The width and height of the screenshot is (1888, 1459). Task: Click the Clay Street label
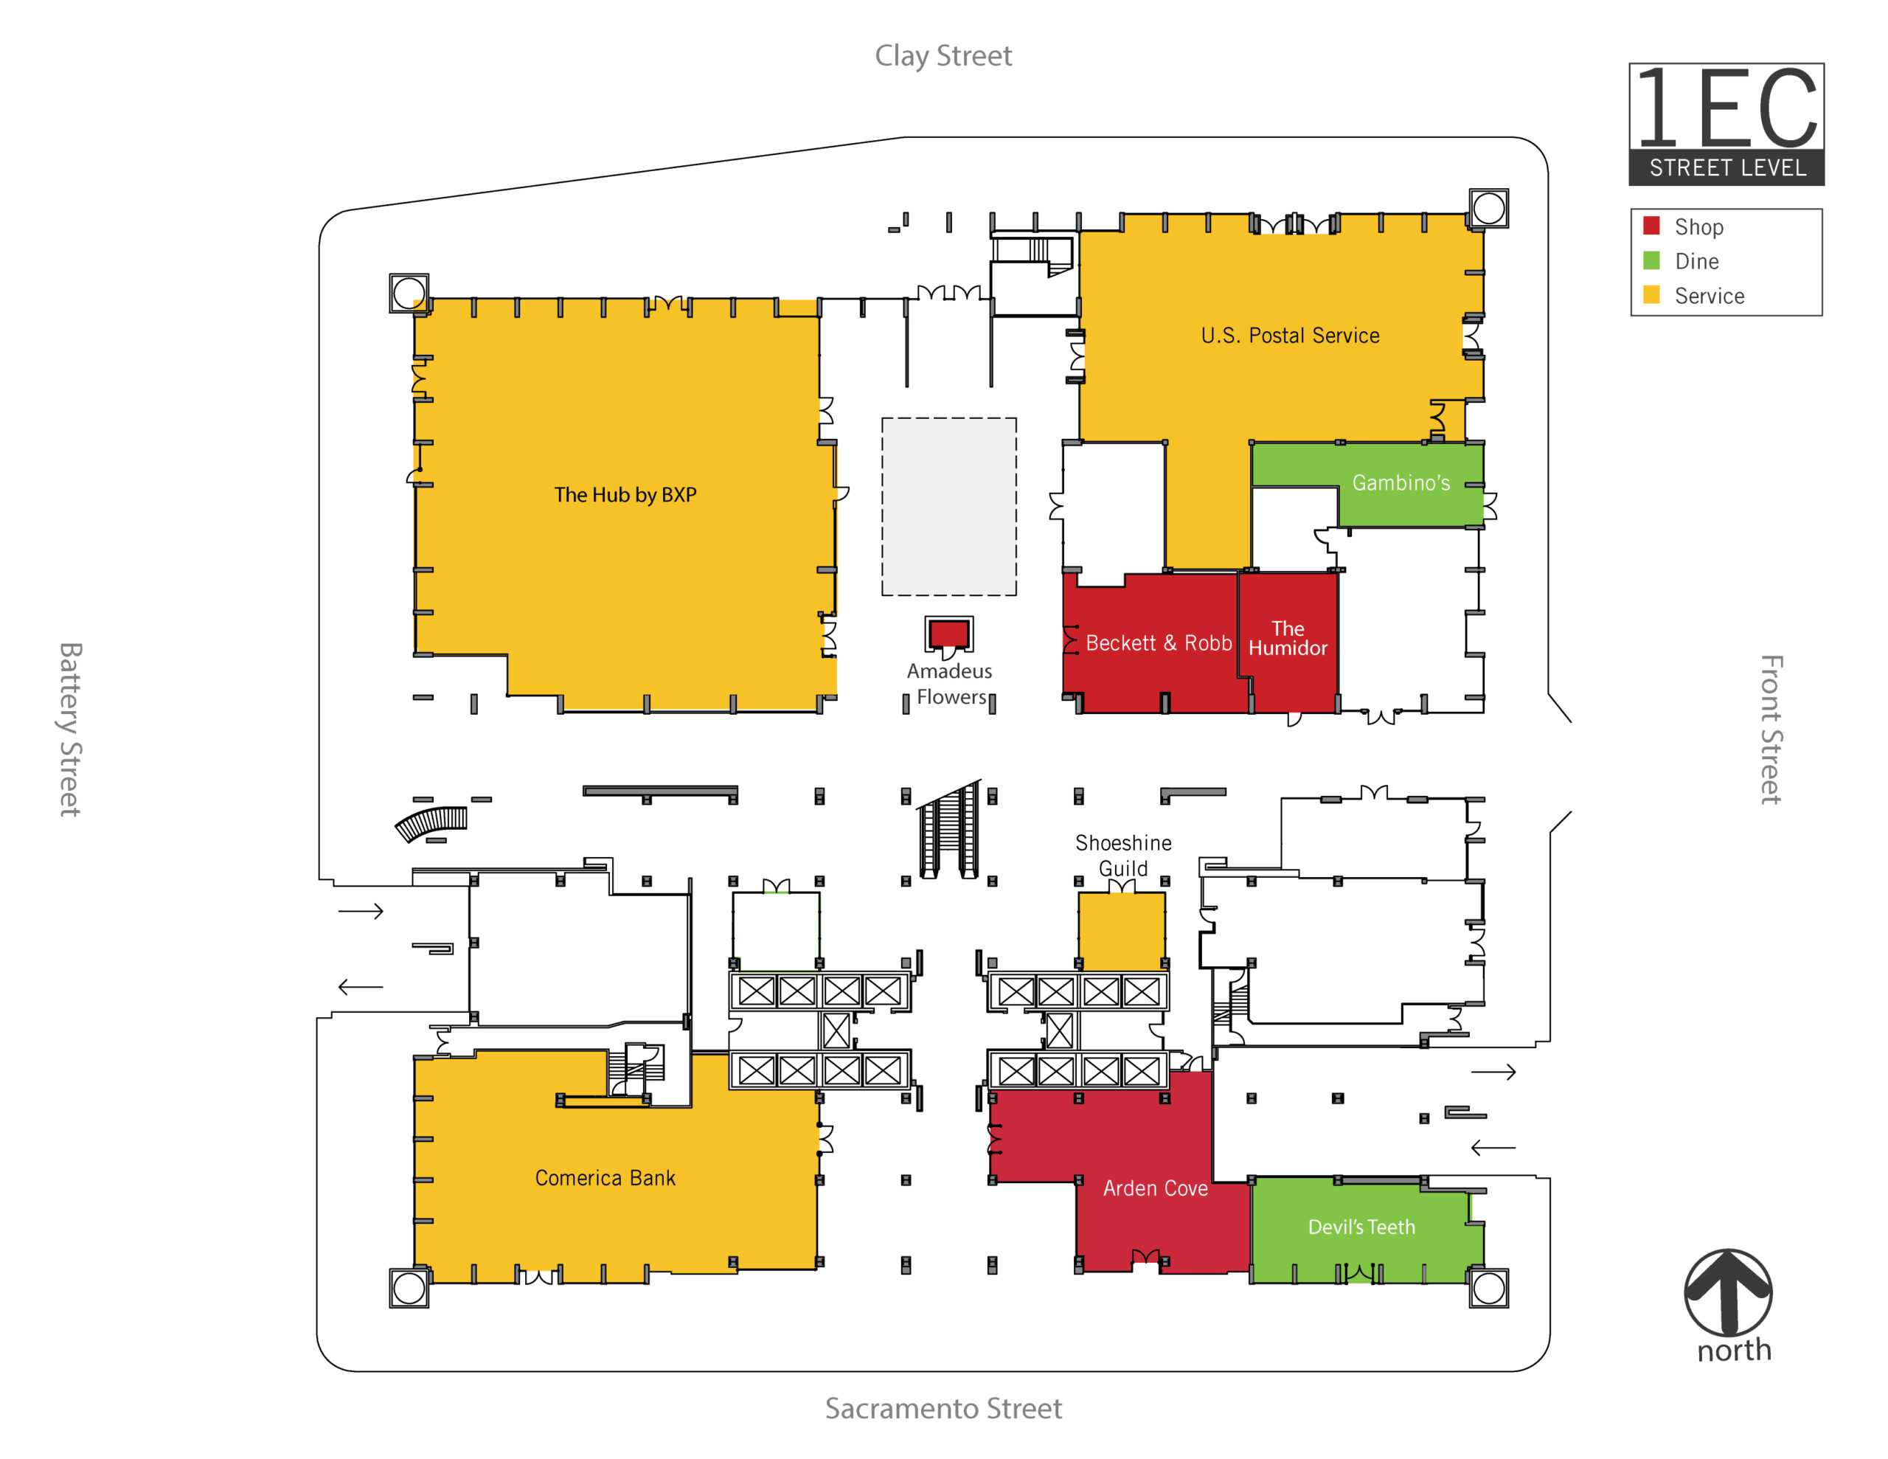pyautogui.click(x=943, y=56)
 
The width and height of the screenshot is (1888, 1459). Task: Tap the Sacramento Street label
pyautogui.click(x=943, y=1408)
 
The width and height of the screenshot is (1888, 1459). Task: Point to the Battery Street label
pyautogui.click(x=70, y=729)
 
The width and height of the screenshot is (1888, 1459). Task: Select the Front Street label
pyautogui.click(x=1771, y=729)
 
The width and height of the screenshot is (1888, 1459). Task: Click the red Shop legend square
pyautogui.click(x=1651, y=226)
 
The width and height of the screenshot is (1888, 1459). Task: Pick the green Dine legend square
pyautogui.click(x=1651, y=260)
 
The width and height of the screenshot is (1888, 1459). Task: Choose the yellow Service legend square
pyautogui.click(x=1651, y=295)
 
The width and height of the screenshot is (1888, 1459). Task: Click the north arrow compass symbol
pyautogui.click(x=1728, y=1292)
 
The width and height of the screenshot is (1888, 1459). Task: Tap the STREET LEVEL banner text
pyautogui.click(x=1727, y=167)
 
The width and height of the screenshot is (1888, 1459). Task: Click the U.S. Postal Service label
pyautogui.click(x=1290, y=336)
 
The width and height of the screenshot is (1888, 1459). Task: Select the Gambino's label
pyautogui.click(x=1401, y=482)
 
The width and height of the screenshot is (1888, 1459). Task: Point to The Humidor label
pyautogui.click(x=1287, y=638)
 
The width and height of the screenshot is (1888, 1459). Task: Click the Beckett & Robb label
pyautogui.click(x=1159, y=642)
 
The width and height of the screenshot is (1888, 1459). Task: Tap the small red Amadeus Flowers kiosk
pyautogui.click(x=948, y=634)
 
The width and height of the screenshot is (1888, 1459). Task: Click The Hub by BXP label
pyautogui.click(x=625, y=495)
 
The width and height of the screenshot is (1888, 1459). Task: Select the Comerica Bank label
pyautogui.click(x=605, y=1178)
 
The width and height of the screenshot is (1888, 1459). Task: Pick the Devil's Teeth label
pyautogui.click(x=1361, y=1227)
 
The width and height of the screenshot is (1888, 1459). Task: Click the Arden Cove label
pyautogui.click(x=1155, y=1188)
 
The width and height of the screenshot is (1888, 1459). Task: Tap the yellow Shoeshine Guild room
pyautogui.click(x=1121, y=932)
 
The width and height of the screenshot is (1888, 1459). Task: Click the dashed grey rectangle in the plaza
pyautogui.click(x=948, y=507)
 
